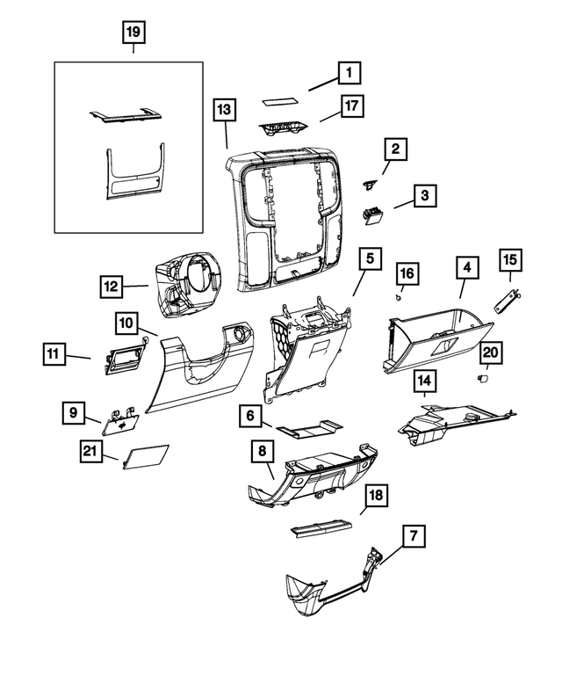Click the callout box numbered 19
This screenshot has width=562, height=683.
[x=133, y=34]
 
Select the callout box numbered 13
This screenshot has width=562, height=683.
[x=225, y=109]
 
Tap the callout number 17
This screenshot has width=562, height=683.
[x=351, y=106]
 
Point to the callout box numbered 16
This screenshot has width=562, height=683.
[x=407, y=272]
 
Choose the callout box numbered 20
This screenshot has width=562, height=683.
[x=492, y=352]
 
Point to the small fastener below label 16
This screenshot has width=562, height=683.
[x=400, y=296]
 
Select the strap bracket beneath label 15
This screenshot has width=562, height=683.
[x=507, y=301]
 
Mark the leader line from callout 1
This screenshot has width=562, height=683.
[x=320, y=84]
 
